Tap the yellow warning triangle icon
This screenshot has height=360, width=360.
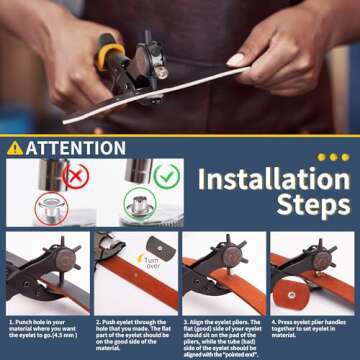(x=14, y=148)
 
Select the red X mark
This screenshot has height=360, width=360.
(x=75, y=174)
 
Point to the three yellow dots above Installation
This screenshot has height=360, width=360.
(x=333, y=157)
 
